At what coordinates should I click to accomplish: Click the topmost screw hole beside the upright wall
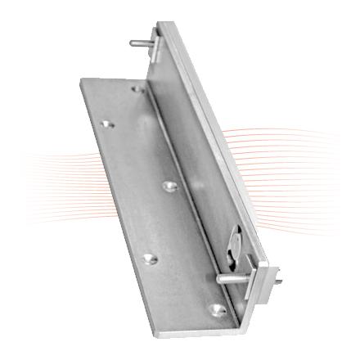click(x=137, y=91)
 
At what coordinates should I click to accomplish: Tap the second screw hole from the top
click(x=107, y=126)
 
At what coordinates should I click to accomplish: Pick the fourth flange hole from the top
click(x=148, y=259)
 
